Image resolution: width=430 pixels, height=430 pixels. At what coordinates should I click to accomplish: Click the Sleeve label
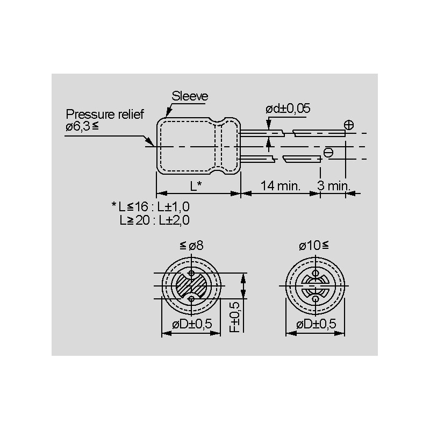coord(190,96)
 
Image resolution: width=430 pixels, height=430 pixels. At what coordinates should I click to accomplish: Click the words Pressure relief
coord(105,114)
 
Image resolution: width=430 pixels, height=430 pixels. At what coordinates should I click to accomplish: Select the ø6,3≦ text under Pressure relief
coord(82,126)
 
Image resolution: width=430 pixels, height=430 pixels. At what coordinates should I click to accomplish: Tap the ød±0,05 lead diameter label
coord(288,109)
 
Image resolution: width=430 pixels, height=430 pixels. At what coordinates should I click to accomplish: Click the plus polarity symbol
coord(349,125)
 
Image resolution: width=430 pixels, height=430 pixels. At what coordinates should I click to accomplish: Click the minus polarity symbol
coord(328,153)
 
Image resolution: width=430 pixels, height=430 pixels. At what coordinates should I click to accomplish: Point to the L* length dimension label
coord(196,186)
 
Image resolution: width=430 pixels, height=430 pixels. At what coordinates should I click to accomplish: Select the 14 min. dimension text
coord(280,185)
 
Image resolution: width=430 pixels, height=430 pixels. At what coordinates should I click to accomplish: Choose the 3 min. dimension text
coord(334,185)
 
